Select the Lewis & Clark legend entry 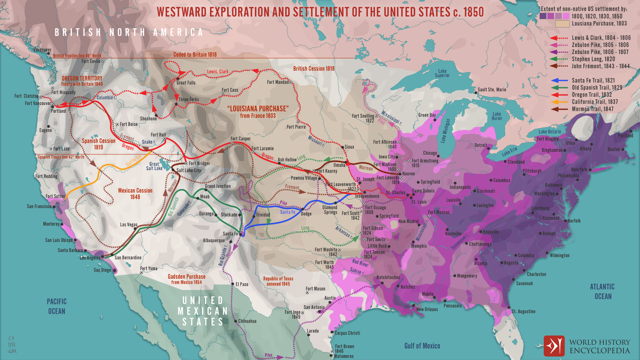point(601,38)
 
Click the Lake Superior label point(442,73)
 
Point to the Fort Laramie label point(262,148)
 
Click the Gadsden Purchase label point(187,277)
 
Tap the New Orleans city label point(427,309)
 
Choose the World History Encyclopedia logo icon point(554,346)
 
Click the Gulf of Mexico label point(422,346)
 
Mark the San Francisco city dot point(54,207)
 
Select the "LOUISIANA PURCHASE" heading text point(258,109)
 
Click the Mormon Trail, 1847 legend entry point(592,109)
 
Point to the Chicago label point(430,153)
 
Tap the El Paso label point(242,284)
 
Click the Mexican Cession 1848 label point(135,193)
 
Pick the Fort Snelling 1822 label point(363,118)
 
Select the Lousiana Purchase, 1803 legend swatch point(562,24)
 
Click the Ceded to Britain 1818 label point(195,55)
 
